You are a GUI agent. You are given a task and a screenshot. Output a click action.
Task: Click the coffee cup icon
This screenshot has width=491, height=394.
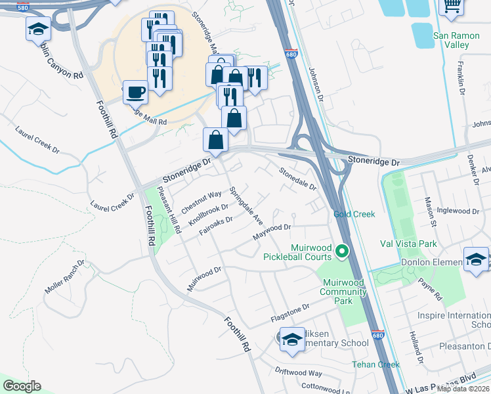point(135,93)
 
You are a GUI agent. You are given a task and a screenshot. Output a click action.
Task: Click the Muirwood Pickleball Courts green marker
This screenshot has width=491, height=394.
point(341,251)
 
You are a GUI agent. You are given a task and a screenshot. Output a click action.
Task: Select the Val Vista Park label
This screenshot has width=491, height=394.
point(408,244)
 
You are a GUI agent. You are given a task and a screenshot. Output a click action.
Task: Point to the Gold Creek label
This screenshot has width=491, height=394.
point(354,214)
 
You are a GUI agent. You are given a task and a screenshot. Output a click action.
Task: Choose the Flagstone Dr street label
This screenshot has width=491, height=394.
point(289,313)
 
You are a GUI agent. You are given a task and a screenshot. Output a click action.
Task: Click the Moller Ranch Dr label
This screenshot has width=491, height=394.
point(65,276)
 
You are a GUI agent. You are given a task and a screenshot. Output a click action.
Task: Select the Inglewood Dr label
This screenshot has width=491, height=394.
point(458,211)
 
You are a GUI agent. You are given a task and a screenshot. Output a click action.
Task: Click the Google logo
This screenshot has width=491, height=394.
point(22,386)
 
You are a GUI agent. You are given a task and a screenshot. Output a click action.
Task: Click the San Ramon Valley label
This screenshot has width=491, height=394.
point(451,40)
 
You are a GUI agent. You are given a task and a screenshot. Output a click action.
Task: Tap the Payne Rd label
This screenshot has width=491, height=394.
point(430,290)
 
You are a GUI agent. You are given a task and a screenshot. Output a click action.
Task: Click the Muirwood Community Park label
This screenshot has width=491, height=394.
point(341,292)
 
